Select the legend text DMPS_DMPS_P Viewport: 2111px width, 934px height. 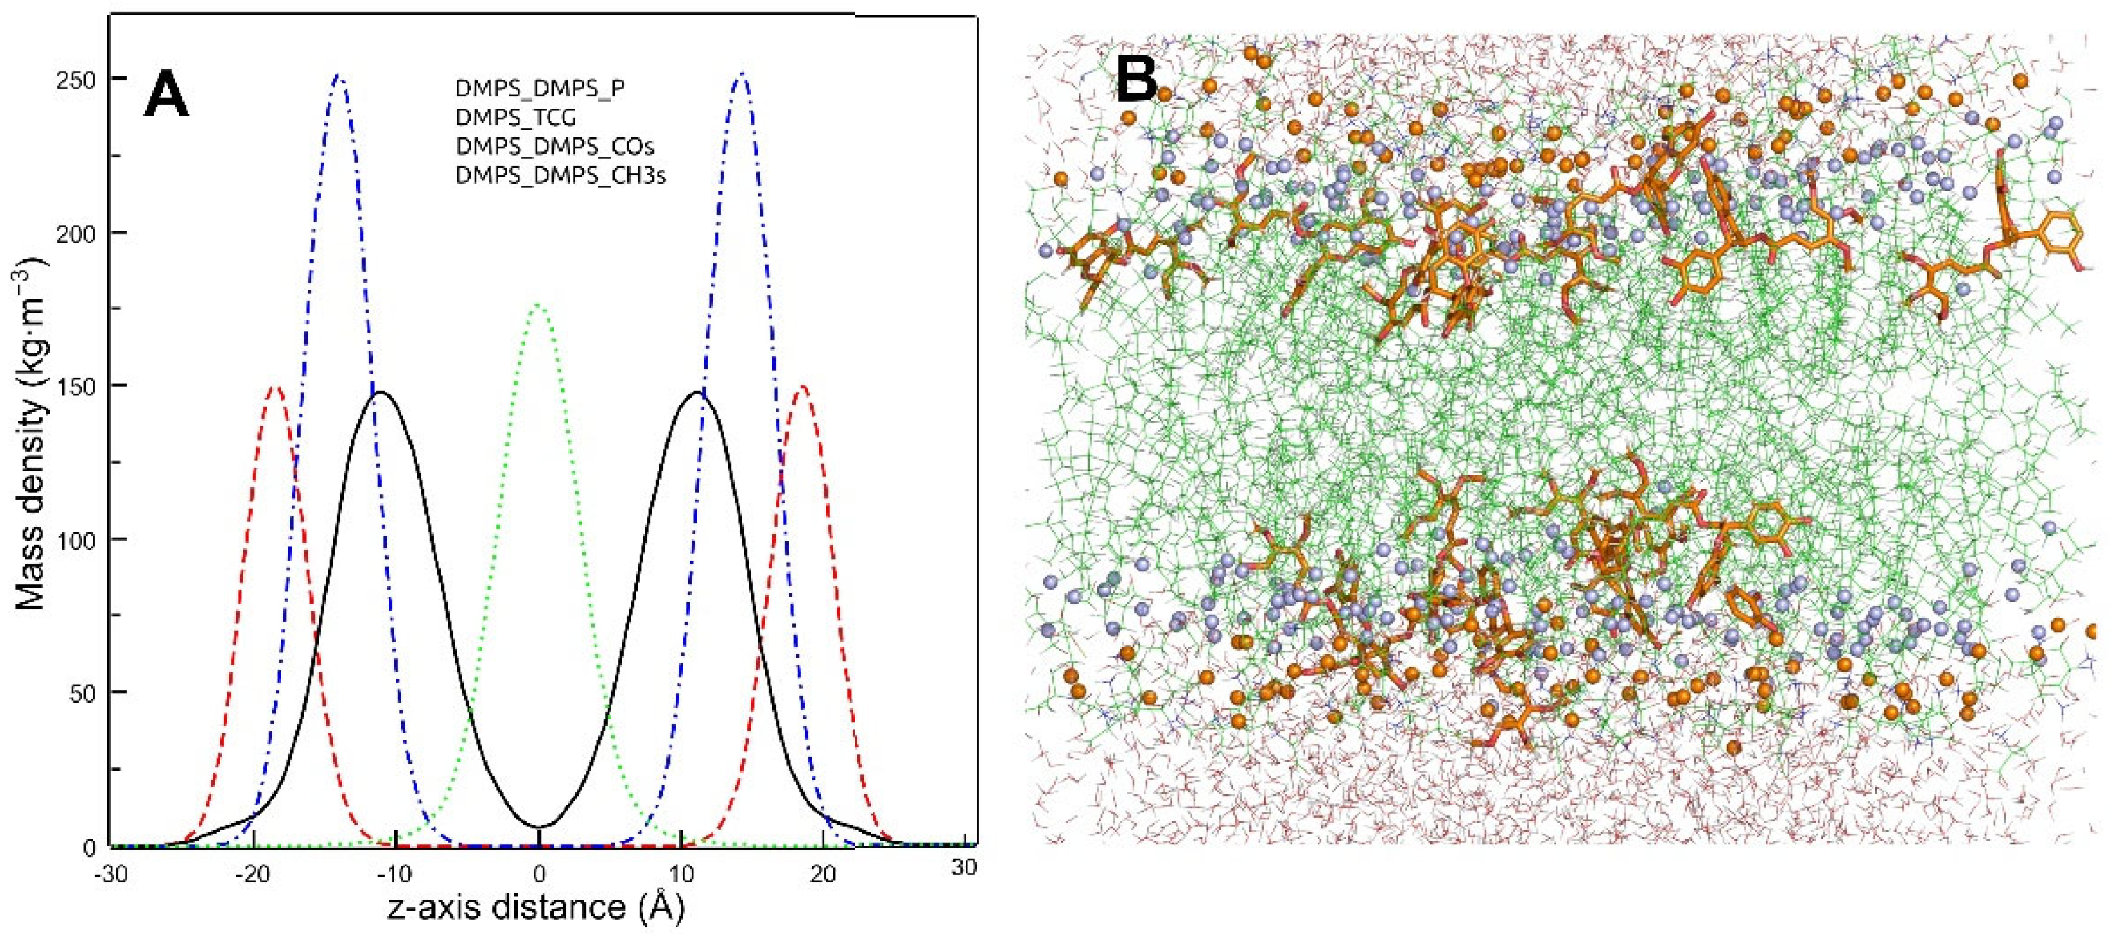pyautogui.click(x=540, y=88)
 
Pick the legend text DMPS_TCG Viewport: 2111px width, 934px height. pyautogui.click(x=516, y=117)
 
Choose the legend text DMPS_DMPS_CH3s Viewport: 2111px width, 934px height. pyautogui.click(x=561, y=175)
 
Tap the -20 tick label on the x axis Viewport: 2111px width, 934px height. pyautogui.click(x=253, y=875)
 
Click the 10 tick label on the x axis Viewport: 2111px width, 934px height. pyautogui.click(x=681, y=875)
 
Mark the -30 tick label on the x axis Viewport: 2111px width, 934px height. pyautogui.click(x=110, y=875)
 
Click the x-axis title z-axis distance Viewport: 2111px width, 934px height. pyautogui.click(x=537, y=909)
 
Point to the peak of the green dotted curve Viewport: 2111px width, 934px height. pyautogui.click(x=538, y=306)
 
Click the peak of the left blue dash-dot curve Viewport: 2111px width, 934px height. pyautogui.click(x=337, y=76)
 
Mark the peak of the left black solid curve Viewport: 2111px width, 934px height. pyautogui.click(x=380, y=393)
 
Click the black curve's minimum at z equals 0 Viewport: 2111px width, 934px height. pyautogui.click(x=538, y=827)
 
